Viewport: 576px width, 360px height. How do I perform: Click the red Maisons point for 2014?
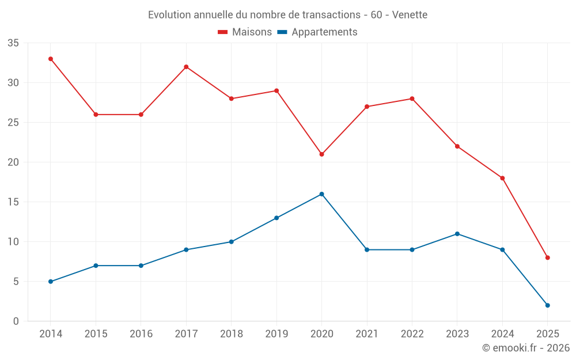pos(51,59)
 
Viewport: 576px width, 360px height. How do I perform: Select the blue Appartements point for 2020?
pos(321,194)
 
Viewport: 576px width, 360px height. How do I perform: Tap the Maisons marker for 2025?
pos(547,257)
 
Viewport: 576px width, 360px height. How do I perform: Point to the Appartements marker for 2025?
pos(547,305)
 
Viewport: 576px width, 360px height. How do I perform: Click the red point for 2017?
pos(186,67)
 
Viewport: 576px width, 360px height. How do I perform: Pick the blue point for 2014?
pos(51,282)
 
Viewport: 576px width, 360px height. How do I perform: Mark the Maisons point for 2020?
pos(321,154)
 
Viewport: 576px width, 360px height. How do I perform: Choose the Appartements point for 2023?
pos(457,234)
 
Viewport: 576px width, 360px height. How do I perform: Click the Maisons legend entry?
pos(245,32)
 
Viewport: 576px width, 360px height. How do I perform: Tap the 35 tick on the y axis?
pos(13,43)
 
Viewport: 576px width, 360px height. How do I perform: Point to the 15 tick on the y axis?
pos(13,202)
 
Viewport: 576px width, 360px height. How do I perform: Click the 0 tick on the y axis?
pos(16,321)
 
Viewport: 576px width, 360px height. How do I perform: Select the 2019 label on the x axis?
pos(276,334)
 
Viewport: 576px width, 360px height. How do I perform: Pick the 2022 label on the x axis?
pos(412,334)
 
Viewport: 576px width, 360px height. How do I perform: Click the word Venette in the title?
pos(410,15)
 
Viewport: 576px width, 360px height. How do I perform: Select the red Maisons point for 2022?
pos(412,98)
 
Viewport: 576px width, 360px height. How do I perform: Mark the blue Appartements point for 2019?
pos(276,218)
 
